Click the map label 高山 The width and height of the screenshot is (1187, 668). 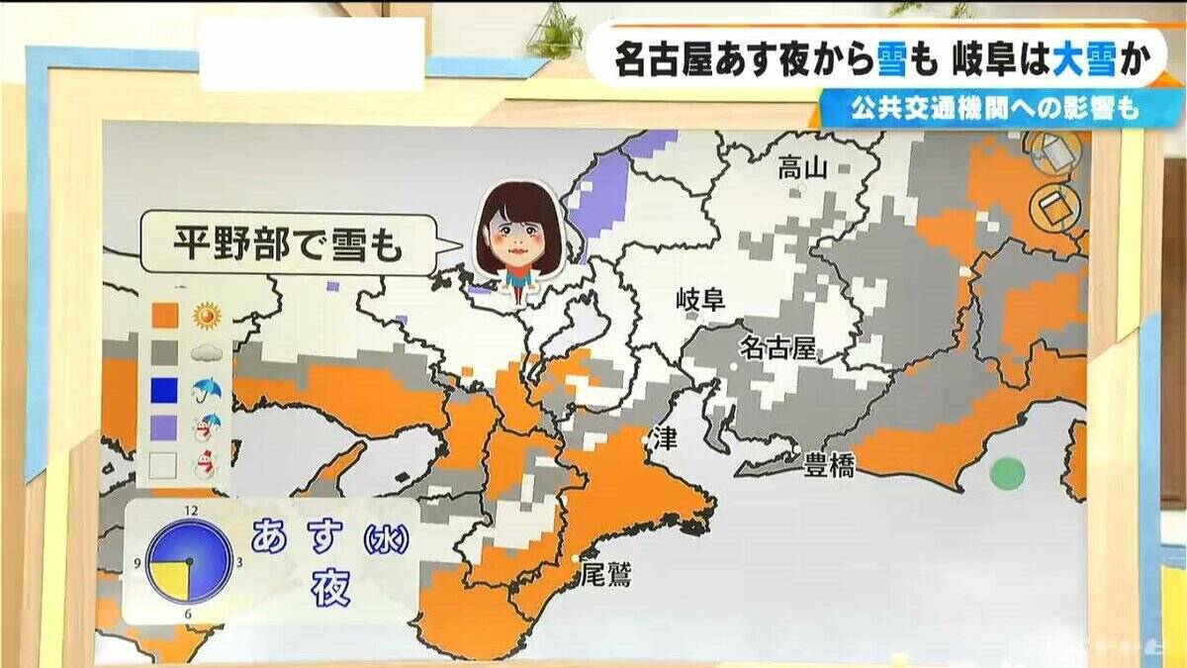pos(801,167)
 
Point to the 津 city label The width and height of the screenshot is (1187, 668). pos(666,440)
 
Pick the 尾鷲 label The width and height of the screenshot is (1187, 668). pos(605,574)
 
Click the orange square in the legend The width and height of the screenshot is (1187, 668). pos(164,316)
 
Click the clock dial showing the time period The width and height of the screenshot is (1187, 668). pos(190,562)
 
